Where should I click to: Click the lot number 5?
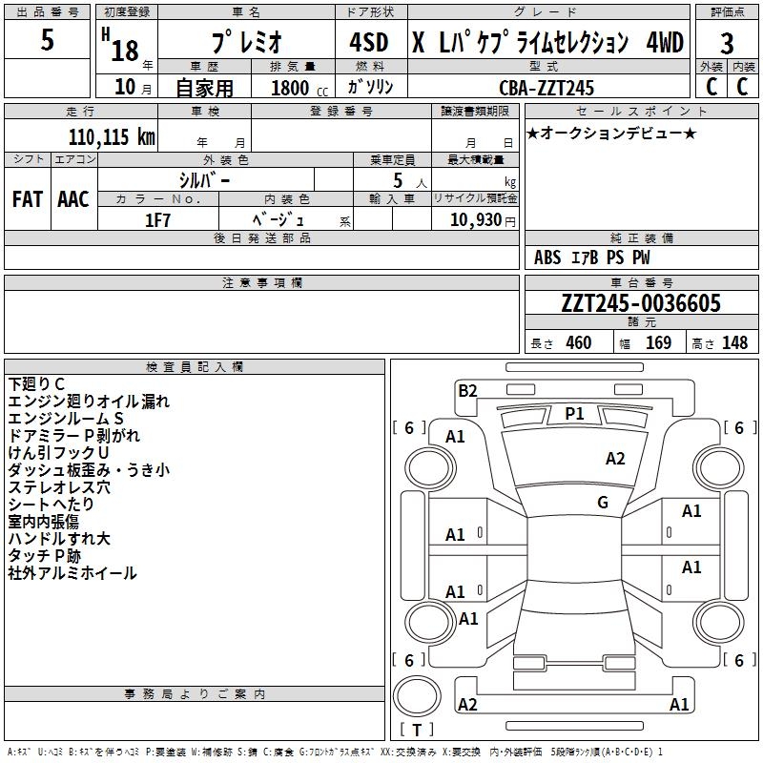[x=48, y=41]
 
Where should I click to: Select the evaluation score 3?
[x=727, y=43]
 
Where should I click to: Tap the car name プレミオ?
[x=246, y=43]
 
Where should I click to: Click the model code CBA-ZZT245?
[x=546, y=88]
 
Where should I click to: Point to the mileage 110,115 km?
[x=112, y=136]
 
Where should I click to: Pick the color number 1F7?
[x=158, y=219]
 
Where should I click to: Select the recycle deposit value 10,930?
[x=474, y=219]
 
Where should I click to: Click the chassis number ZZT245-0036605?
[x=641, y=303]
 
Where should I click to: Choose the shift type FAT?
[x=28, y=199]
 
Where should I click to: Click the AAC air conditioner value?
[x=73, y=199]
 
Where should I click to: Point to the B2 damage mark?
[x=467, y=389]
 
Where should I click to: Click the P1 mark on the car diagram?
[x=574, y=413]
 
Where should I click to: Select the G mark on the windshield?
[x=603, y=503]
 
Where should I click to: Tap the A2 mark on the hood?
[x=616, y=459]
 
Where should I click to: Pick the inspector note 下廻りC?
[x=37, y=384]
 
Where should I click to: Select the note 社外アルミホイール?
[x=72, y=573]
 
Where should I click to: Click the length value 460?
[x=578, y=343]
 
